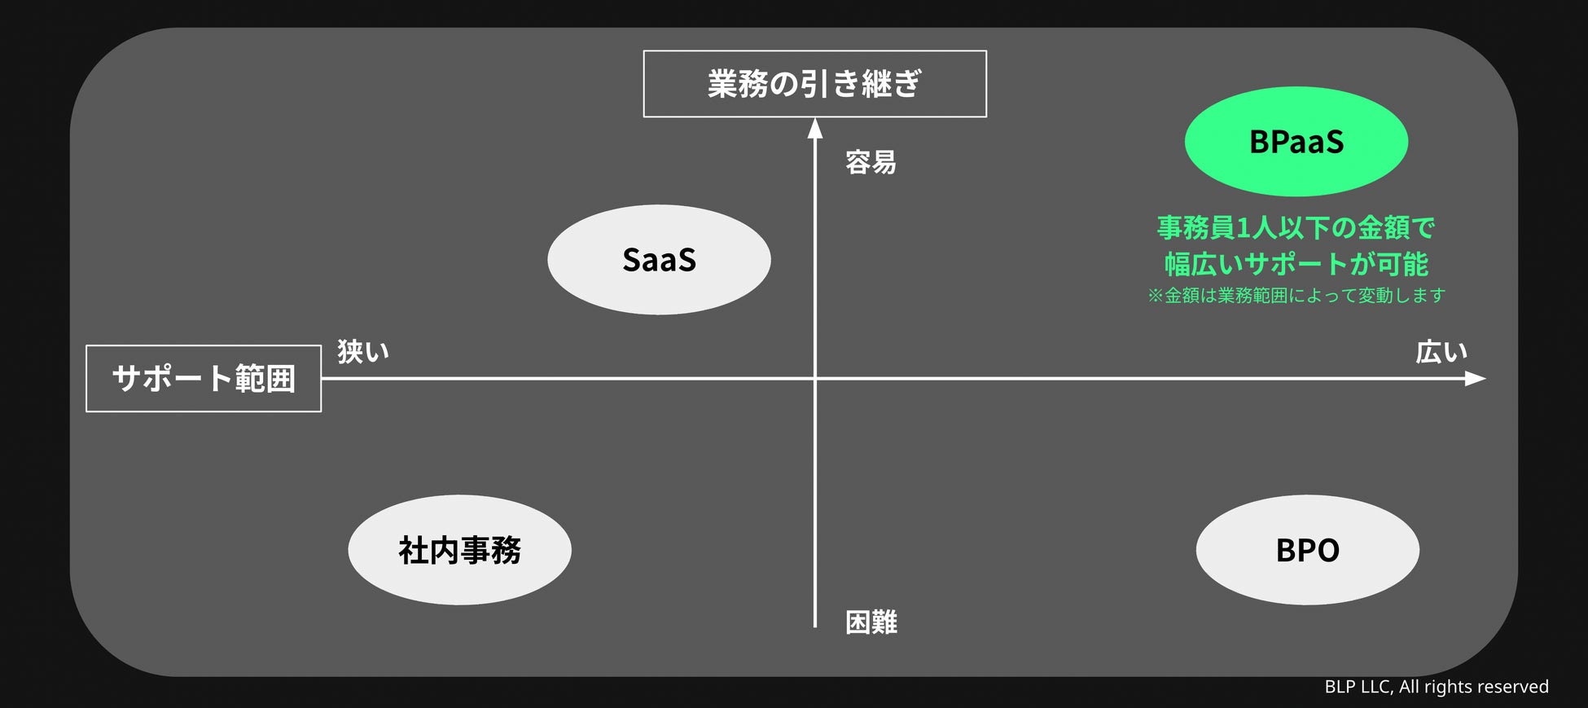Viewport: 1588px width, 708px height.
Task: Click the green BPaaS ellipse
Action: tap(1296, 142)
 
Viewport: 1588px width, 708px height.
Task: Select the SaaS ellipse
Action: tap(659, 260)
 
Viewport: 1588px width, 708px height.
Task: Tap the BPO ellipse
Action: tap(1307, 550)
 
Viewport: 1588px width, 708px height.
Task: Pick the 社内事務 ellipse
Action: tap(459, 550)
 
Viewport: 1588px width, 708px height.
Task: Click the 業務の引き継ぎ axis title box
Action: tap(814, 84)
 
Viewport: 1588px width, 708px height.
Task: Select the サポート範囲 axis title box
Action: tap(204, 379)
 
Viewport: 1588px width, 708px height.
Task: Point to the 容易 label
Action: tap(871, 163)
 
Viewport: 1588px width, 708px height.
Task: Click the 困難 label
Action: tap(871, 622)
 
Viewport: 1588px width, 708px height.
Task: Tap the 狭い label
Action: tap(363, 352)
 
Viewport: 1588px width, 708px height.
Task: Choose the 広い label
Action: tap(1441, 352)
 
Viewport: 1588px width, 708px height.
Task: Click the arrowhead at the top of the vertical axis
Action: tap(814, 129)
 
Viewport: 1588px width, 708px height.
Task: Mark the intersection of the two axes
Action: tap(814, 379)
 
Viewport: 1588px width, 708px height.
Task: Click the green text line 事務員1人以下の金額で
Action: tap(1296, 228)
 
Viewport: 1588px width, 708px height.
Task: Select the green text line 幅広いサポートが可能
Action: tap(1296, 264)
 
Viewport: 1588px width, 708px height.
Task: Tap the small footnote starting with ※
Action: tap(1296, 296)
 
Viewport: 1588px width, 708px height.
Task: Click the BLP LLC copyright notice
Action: tap(1436, 687)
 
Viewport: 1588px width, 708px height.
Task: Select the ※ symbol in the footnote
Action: tap(1155, 296)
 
